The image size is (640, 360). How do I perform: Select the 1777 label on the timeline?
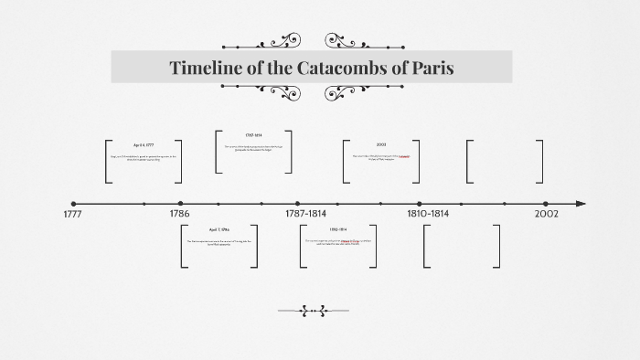click(x=73, y=214)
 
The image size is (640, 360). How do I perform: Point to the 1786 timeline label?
click(x=180, y=214)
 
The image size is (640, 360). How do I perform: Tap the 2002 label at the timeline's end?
click(x=546, y=214)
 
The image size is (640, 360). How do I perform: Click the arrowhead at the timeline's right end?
click(x=581, y=204)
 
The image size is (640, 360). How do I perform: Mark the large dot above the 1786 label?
click(x=180, y=204)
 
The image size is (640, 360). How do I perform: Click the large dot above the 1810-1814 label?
click(x=420, y=204)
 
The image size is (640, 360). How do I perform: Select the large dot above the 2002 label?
click(x=546, y=204)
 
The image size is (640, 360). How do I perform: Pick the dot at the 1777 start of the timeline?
click(x=73, y=204)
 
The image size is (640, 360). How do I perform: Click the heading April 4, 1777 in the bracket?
click(x=144, y=145)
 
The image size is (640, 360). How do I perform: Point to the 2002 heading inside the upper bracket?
click(x=380, y=145)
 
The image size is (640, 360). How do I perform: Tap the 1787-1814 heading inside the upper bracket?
click(x=254, y=135)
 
